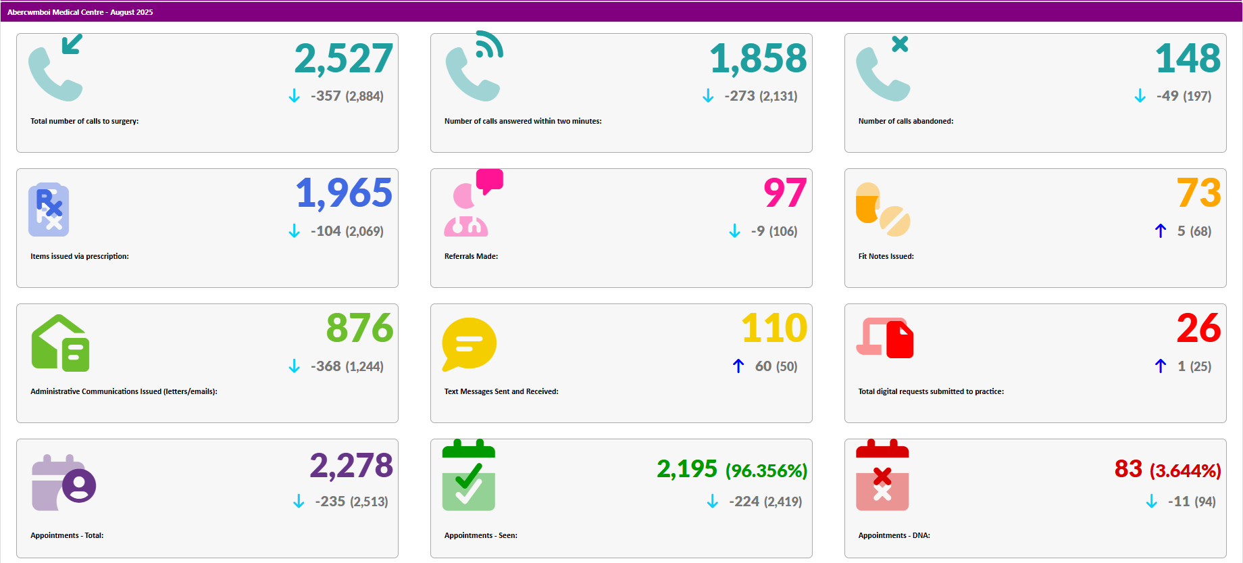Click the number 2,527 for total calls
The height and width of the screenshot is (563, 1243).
pos(343,59)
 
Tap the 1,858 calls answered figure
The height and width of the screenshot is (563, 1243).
pos(758,59)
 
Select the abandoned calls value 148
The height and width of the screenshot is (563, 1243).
pos(1188,59)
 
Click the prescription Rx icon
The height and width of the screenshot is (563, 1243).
pos(49,210)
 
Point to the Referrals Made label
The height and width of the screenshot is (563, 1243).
pos(471,257)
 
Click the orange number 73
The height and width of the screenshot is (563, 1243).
pos(1198,193)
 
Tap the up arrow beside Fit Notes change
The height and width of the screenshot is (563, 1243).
pos(1161,231)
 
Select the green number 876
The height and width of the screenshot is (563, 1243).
pos(359,328)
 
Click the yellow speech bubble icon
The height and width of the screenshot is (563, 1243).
pos(469,343)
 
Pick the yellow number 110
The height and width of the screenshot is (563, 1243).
pos(774,328)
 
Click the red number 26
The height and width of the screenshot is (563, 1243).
pos(1198,328)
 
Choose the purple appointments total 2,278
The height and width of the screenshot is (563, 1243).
pos(351,466)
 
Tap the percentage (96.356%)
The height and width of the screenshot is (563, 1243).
pos(766,471)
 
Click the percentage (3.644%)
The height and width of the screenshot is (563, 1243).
pos(1185,471)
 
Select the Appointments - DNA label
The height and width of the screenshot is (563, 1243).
pos(894,536)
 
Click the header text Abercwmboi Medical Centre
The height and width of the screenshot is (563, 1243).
pos(55,12)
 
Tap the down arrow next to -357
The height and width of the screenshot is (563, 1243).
pos(294,96)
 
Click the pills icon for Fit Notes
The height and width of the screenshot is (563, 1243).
pos(882,210)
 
